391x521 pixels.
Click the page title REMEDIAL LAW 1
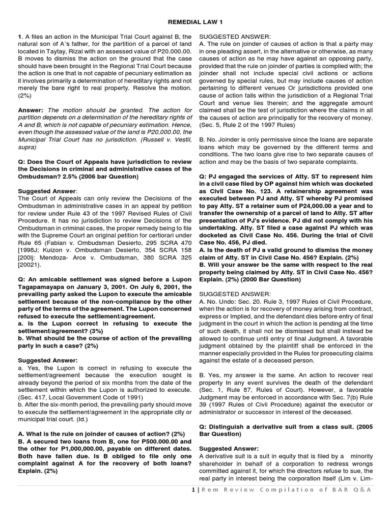pos(195,22)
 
